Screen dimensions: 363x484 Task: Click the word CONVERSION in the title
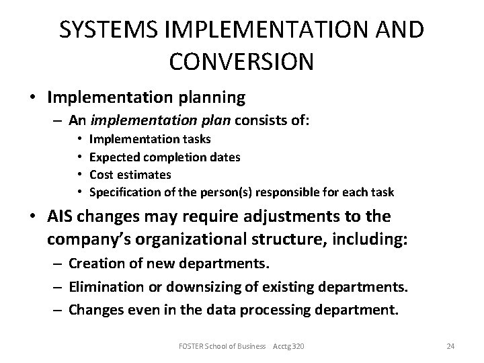(x=241, y=61)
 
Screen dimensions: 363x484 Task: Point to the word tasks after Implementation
(x=196, y=139)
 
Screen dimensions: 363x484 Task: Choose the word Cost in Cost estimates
(x=102, y=175)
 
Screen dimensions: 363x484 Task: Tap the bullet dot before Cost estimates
(x=80, y=175)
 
